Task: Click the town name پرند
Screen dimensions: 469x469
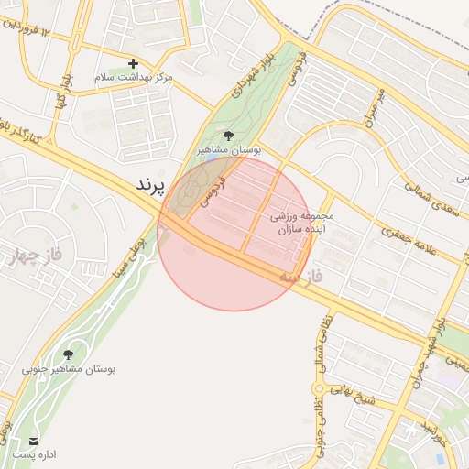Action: point(149,185)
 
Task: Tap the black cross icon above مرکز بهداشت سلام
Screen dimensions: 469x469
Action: point(134,63)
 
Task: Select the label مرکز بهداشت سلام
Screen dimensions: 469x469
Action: point(134,78)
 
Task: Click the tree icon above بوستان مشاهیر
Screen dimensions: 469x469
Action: point(228,136)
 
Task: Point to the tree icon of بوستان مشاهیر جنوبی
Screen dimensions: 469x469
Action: point(69,354)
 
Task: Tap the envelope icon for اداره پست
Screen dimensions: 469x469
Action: point(34,441)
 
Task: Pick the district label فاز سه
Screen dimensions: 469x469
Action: point(302,274)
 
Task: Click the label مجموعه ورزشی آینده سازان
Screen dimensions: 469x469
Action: point(305,223)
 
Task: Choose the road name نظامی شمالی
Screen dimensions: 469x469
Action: point(324,339)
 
